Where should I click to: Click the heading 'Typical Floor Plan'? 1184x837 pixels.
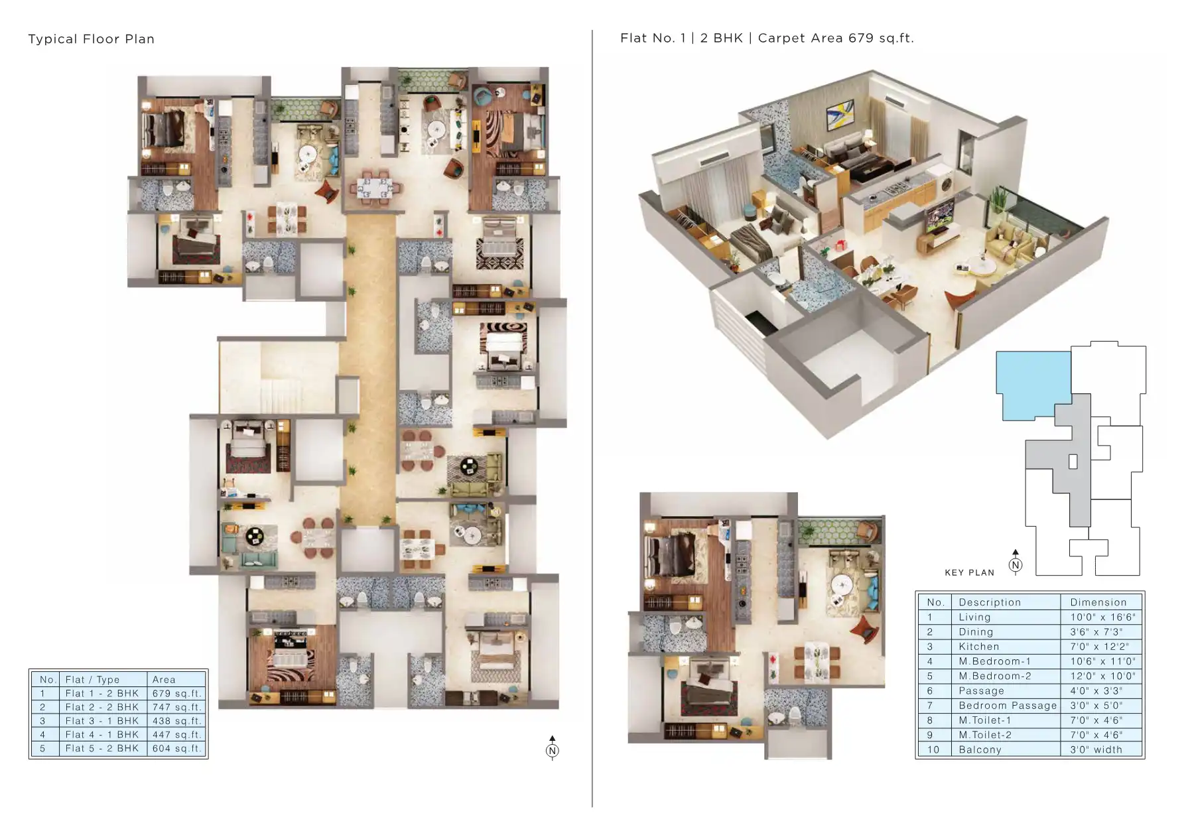[x=92, y=39]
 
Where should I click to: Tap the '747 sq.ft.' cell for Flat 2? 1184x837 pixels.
[x=176, y=707]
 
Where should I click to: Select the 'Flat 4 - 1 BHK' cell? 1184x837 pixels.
[x=103, y=735]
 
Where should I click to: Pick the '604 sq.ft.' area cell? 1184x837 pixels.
[x=176, y=748]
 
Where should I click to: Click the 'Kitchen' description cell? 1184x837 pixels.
[x=979, y=647]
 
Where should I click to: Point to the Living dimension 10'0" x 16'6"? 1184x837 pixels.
[x=1102, y=617]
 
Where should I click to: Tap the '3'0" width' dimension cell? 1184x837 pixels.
[x=1096, y=749]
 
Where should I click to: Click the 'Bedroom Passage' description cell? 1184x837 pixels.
[x=1008, y=706]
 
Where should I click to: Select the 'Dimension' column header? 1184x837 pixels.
[x=1098, y=602]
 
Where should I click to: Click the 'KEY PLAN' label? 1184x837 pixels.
[x=970, y=572]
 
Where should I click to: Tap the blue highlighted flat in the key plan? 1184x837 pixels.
[x=1033, y=384]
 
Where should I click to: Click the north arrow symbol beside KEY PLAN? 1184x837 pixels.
[x=1016, y=562]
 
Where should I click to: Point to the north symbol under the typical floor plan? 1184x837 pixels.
[x=553, y=748]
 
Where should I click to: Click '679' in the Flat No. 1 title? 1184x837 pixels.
[x=861, y=38]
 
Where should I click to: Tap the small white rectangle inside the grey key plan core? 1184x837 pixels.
[x=1073, y=462]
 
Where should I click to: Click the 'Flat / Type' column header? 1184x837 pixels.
[x=92, y=680]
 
